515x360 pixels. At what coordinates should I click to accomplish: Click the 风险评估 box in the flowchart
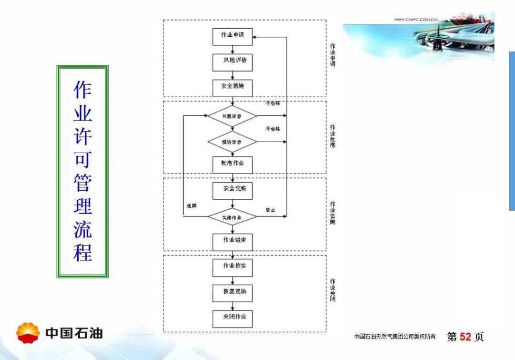[232, 62]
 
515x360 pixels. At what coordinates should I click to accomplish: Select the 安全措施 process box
[232, 88]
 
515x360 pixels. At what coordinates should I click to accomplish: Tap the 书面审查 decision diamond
[232, 116]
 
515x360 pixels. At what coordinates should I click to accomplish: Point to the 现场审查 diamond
[232, 142]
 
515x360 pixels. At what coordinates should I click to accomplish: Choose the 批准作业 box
[232, 164]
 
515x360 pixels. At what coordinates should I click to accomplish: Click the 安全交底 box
[232, 190]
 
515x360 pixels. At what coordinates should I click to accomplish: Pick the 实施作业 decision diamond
[232, 217]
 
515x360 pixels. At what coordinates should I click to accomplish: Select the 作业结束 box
[232, 241]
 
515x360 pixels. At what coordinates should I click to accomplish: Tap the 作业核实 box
[232, 267]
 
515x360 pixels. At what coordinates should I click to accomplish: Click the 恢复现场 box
[232, 293]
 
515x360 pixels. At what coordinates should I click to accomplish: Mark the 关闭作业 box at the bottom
[232, 318]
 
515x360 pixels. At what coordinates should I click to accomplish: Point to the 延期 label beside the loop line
[192, 206]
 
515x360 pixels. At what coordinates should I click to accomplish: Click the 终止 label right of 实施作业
[270, 210]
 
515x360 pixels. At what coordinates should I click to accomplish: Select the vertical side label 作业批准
[332, 136]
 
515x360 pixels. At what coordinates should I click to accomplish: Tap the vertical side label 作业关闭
[332, 290]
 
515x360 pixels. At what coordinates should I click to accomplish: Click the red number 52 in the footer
[465, 337]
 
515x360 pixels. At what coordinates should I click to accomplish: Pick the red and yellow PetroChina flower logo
[28, 332]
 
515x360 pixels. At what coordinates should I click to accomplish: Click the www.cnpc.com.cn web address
[416, 20]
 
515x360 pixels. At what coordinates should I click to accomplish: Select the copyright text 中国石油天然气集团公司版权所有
[395, 337]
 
